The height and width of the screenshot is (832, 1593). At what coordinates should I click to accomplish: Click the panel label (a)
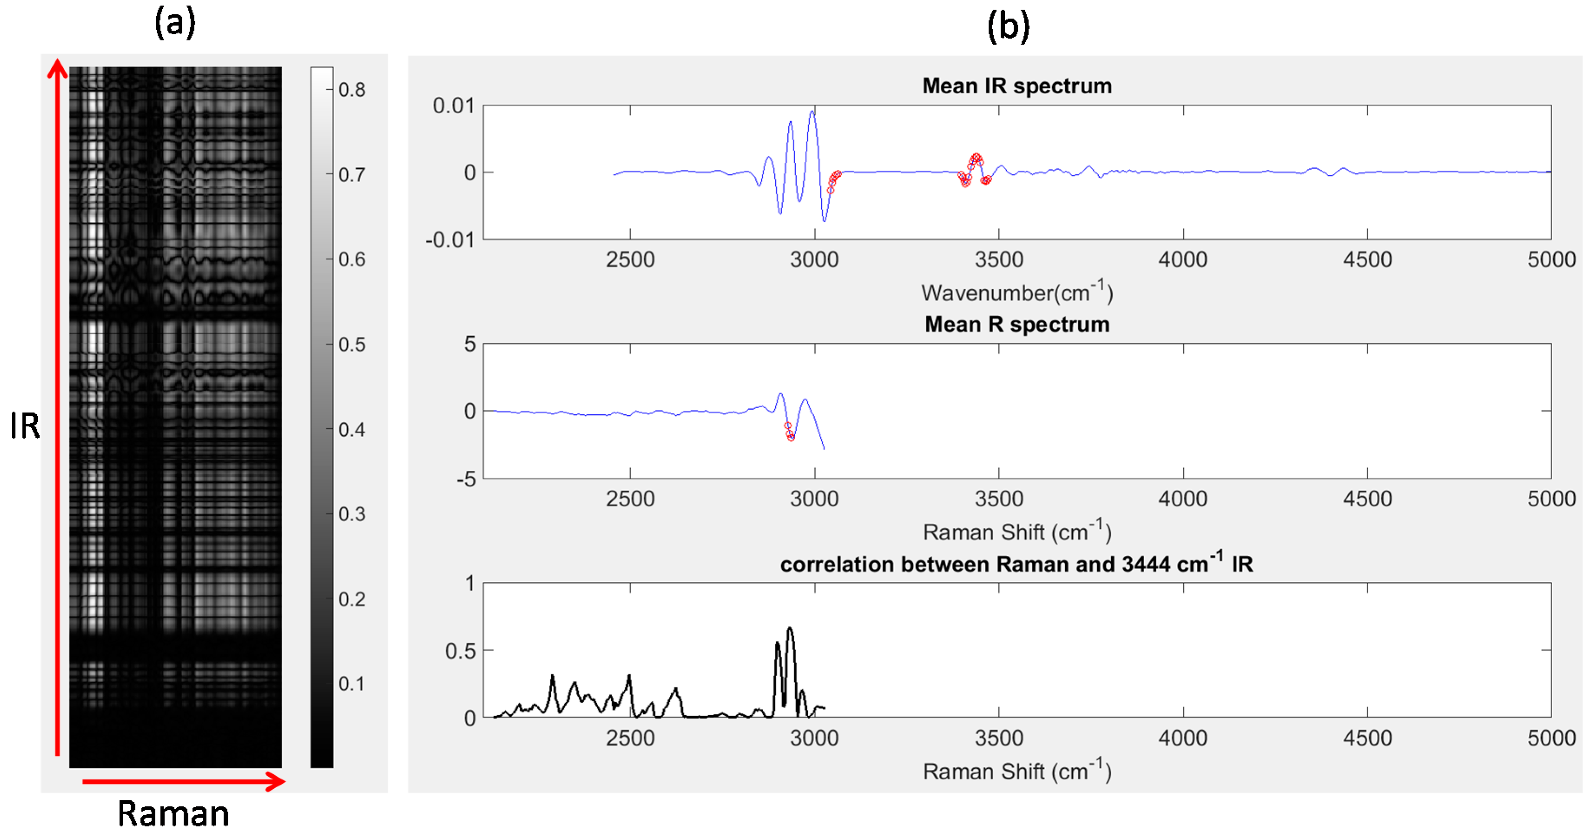click(x=175, y=23)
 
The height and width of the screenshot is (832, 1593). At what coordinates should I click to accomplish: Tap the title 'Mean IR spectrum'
click(x=1017, y=86)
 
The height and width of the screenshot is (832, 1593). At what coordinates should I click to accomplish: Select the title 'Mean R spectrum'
click(x=1017, y=324)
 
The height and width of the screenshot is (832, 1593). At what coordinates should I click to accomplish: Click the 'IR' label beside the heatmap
click(x=25, y=426)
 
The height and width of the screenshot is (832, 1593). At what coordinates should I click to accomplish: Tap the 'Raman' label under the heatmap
click(x=173, y=813)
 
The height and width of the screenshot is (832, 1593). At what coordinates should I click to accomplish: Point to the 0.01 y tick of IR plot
click(x=453, y=106)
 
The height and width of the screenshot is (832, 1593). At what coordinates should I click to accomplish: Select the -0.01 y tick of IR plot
click(x=450, y=239)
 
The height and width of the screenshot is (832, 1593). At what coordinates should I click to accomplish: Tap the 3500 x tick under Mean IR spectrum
click(x=999, y=259)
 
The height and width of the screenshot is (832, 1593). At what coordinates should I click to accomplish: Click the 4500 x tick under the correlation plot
click(x=1367, y=738)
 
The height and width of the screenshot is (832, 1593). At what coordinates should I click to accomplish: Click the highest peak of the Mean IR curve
click(x=812, y=112)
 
